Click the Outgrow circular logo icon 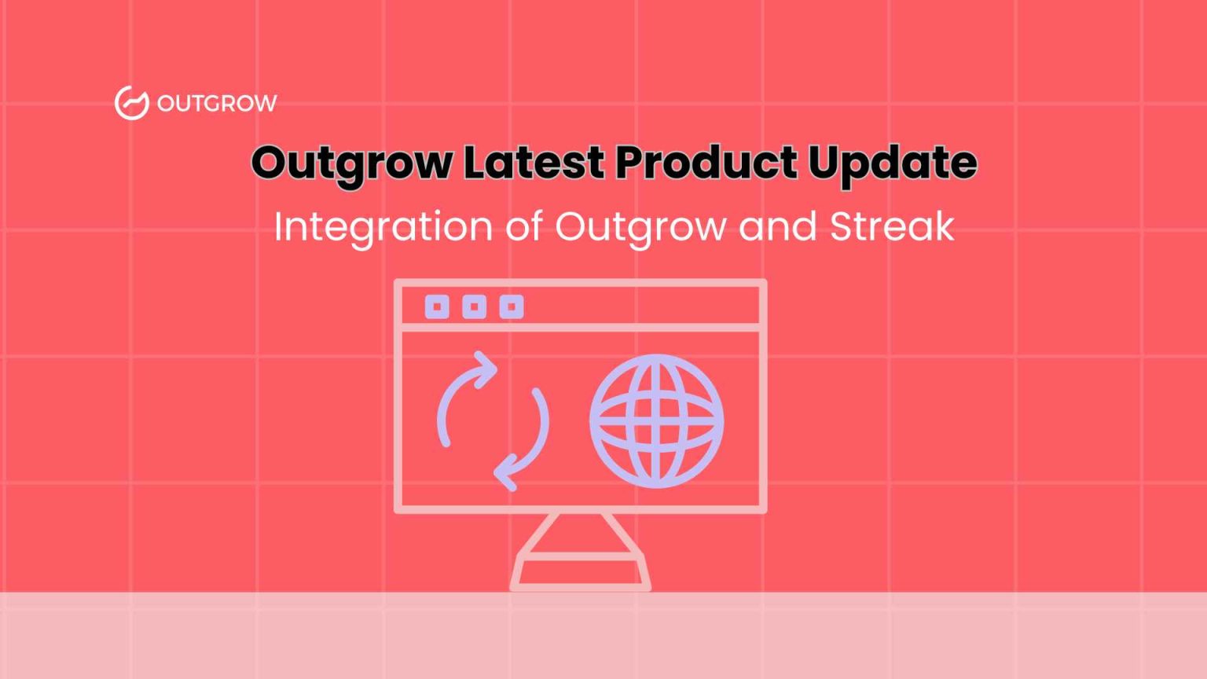point(131,103)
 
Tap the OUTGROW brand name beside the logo point(217,103)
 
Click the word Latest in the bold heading point(534,163)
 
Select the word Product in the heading point(706,163)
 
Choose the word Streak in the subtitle point(892,226)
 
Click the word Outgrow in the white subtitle point(640,228)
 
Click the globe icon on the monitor point(656,420)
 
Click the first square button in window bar point(437,306)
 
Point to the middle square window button point(474,306)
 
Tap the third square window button point(511,306)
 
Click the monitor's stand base point(580,571)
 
